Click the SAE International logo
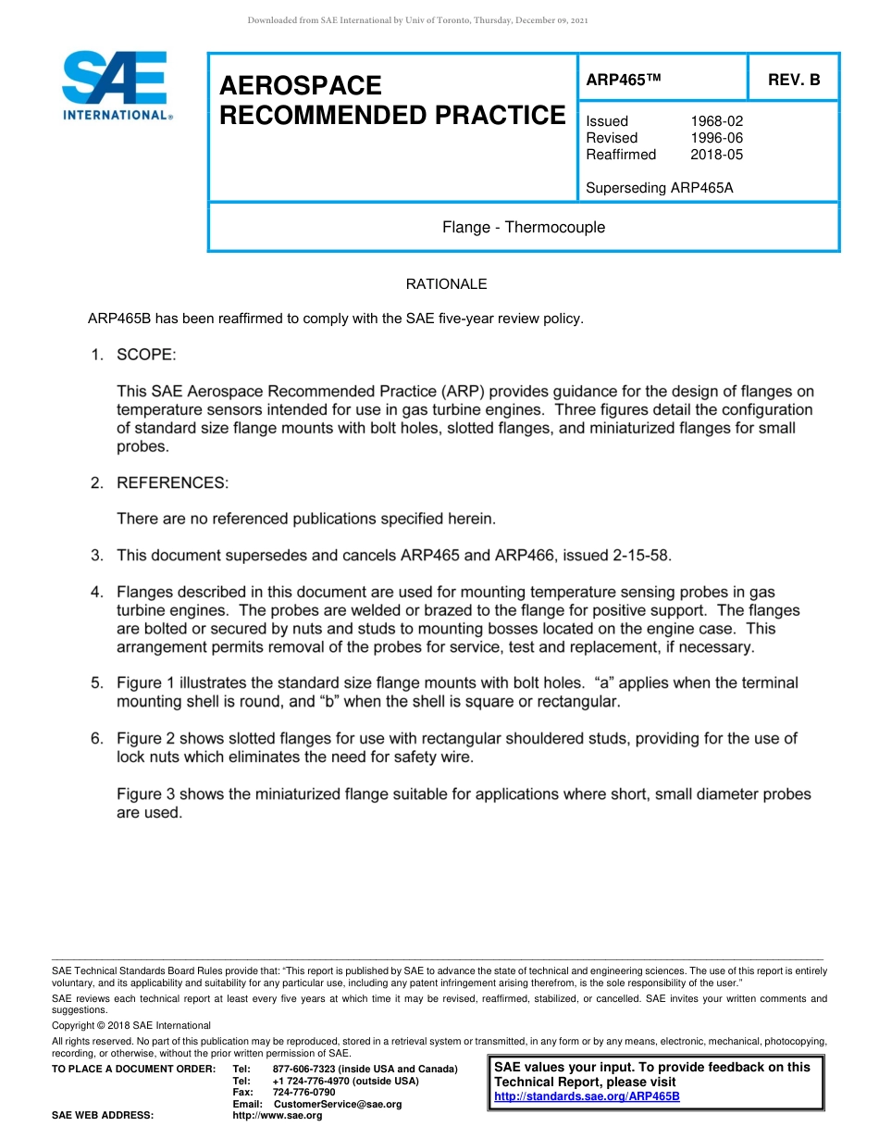(x=115, y=86)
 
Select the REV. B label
(x=794, y=81)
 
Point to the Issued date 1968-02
(x=716, y=121)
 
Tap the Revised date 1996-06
(x=716, y=138)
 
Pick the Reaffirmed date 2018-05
(x=716, y=155)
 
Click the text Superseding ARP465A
(x=659, y=188)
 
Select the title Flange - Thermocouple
(x=524, y=227)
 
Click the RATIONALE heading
(x=446, y=284)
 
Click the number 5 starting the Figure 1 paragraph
(x=95, y=683)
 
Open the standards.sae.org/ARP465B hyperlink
(x=588, y=1096)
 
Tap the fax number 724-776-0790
(x=304, y=1093)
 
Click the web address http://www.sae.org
(x=278, y=1116)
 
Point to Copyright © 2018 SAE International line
(x=131, y=1025)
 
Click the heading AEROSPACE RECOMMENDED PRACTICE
(x=392, y=100)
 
